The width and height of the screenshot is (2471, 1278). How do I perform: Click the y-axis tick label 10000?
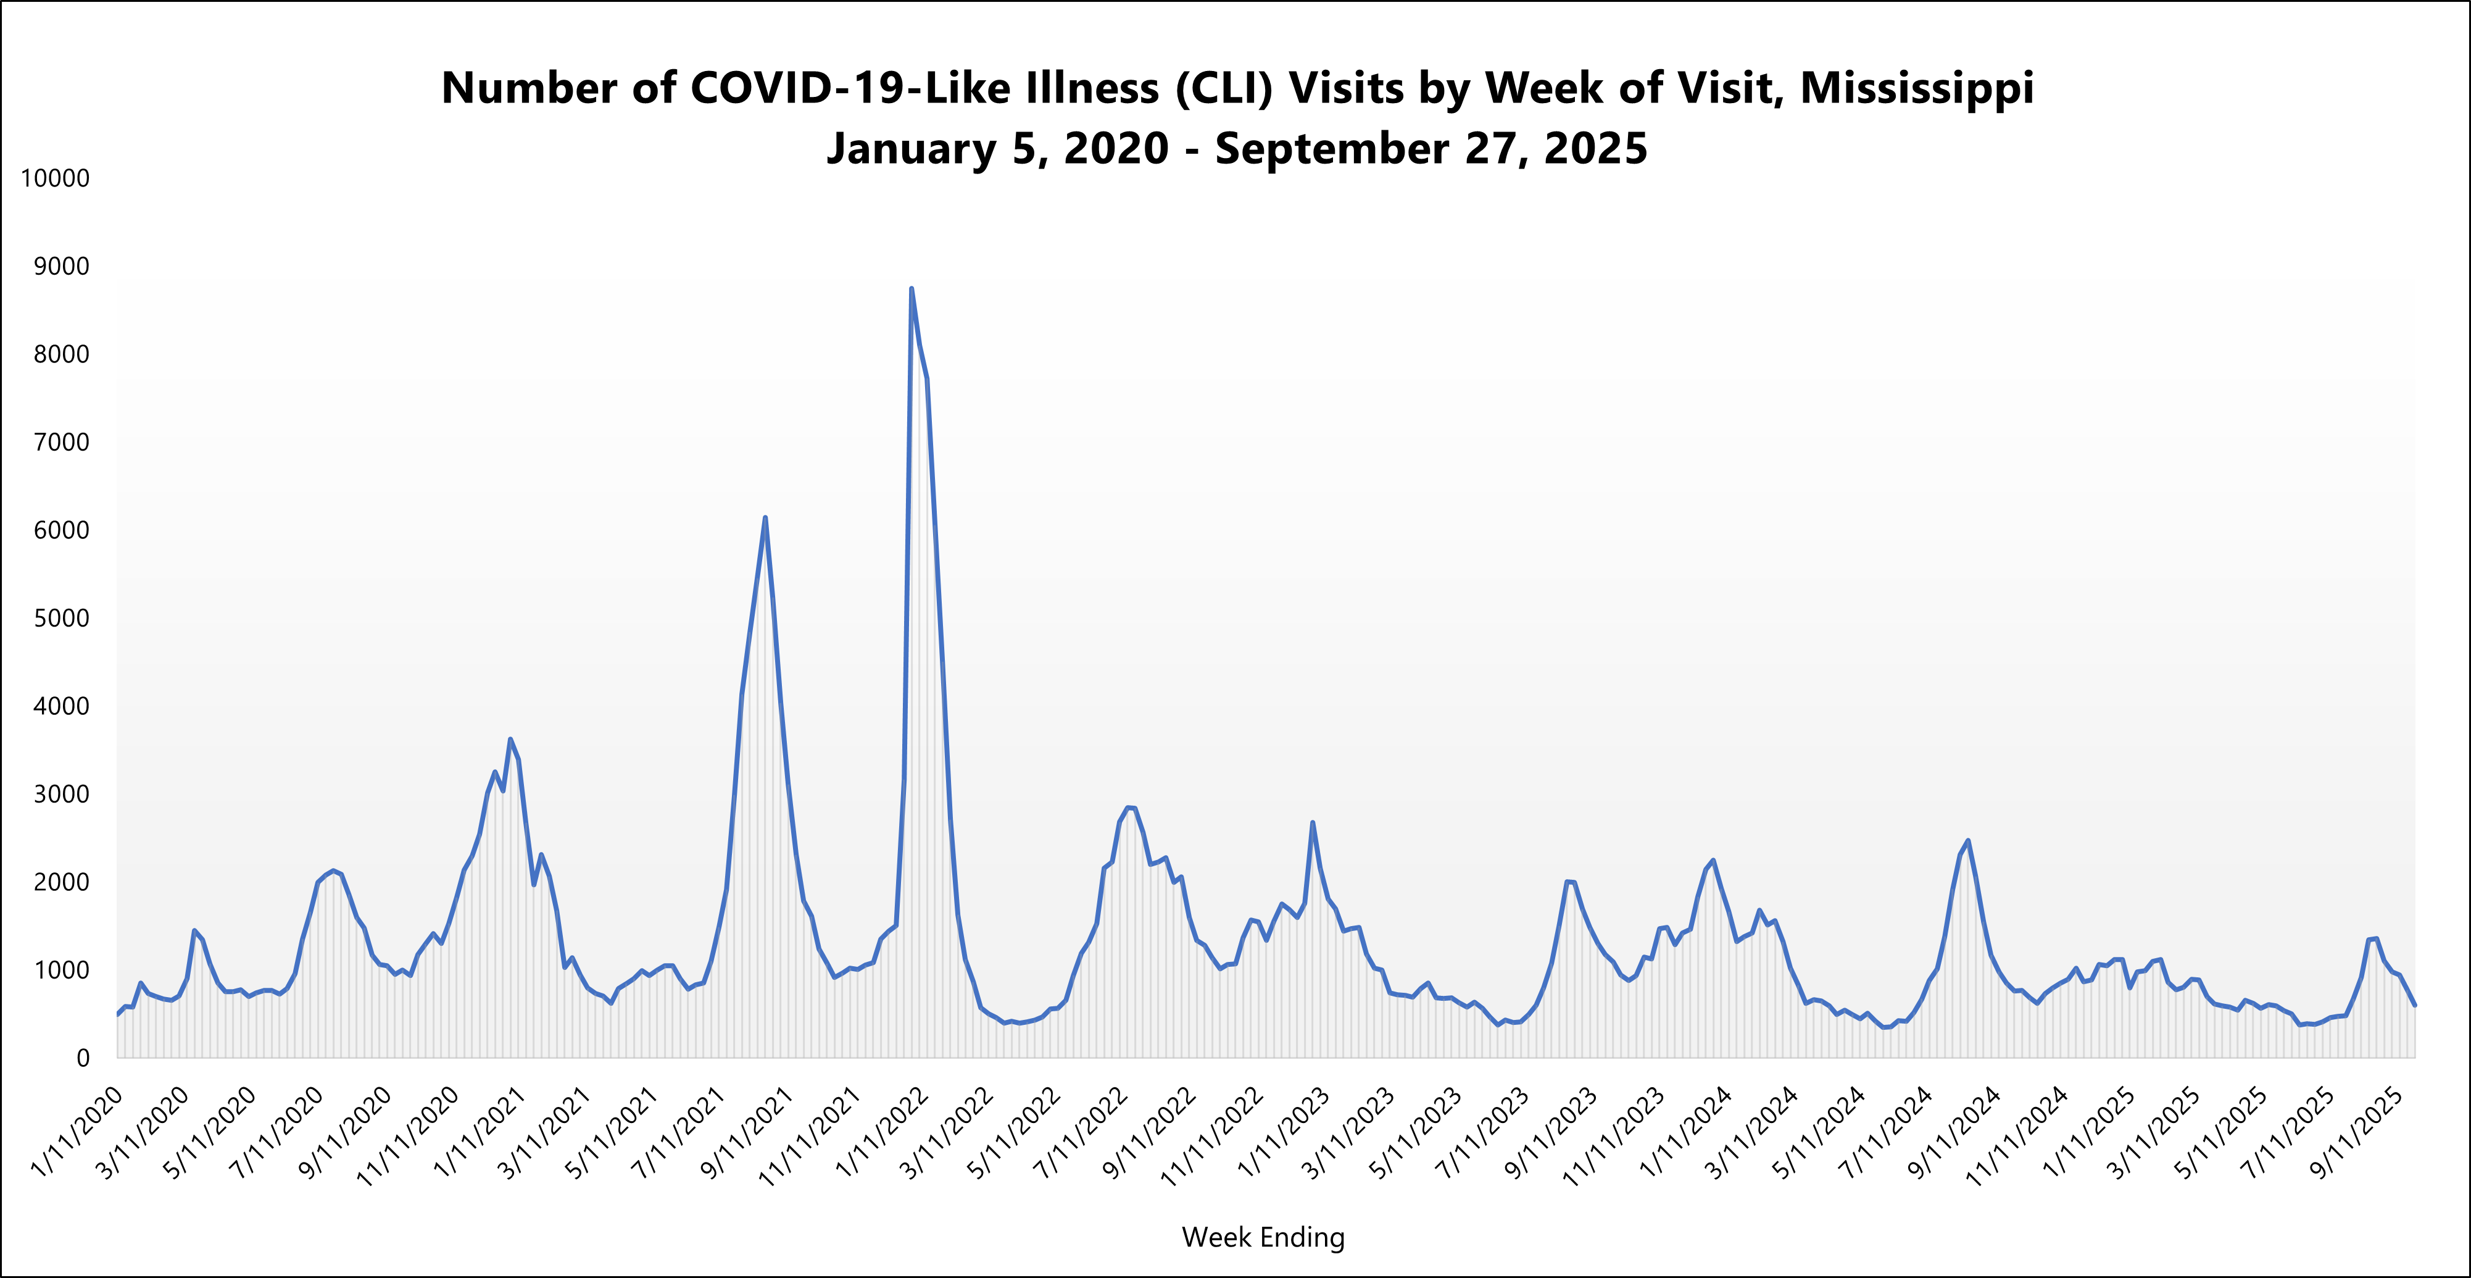(x=55, y=178)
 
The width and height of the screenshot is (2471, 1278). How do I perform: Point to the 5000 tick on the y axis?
(x=60, y=619)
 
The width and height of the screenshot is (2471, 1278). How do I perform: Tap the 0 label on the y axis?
(x=83, y=1058)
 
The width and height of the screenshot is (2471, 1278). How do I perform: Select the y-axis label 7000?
(x=60, y=442)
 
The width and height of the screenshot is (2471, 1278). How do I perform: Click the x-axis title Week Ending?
(x=1263, y=1238)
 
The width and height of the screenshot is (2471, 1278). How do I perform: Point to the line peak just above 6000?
(x=765, y=518)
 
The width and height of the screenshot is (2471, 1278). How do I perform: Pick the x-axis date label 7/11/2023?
(x=1482, y=1132)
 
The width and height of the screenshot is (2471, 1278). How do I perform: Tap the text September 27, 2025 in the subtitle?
(x=1431, y=149)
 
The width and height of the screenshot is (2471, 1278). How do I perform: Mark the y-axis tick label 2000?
(x=60, y=883)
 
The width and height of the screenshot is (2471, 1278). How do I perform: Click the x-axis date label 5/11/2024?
(x=1817, y=1132)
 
